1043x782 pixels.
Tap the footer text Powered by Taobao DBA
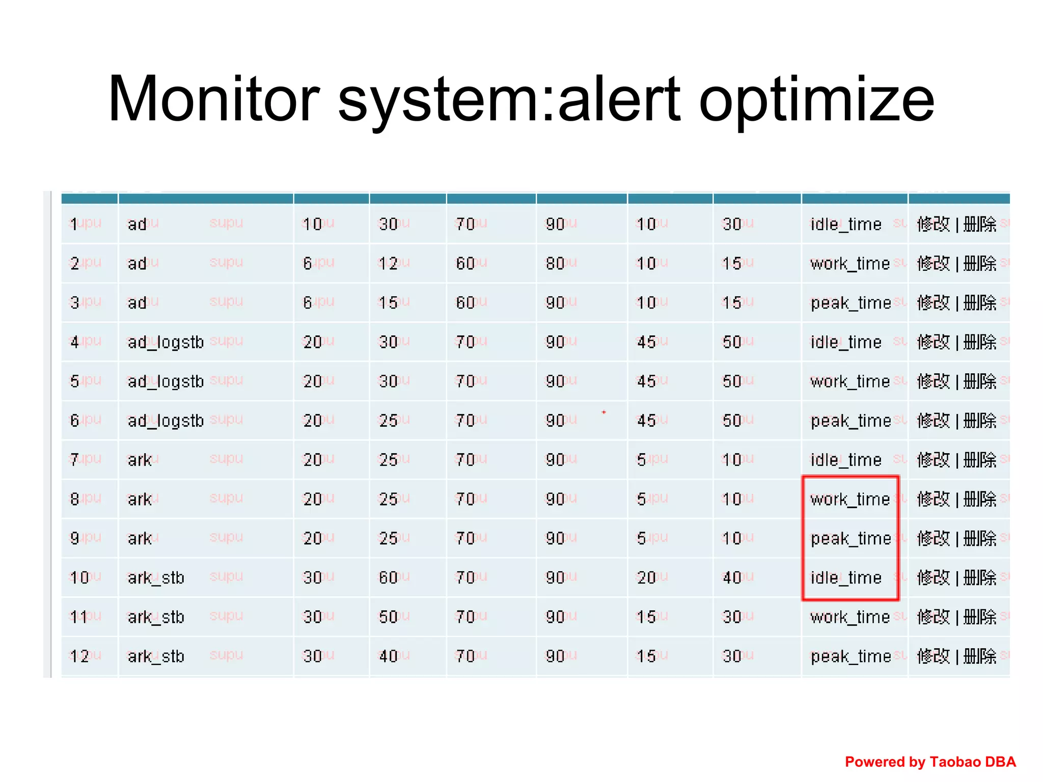coord(930,762)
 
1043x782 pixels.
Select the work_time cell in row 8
coord(849,499)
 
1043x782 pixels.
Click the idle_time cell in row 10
coord(845,578)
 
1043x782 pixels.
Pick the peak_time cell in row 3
coord(850,303)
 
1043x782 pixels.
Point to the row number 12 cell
coord(79,656)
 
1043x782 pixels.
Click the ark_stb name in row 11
coord(156,617)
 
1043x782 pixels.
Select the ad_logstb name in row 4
coord(166,342)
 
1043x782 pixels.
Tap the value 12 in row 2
coord(388,263)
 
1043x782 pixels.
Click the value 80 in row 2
coord(555,263)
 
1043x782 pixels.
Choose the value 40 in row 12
coord(388,656)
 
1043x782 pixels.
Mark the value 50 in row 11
coord(388,617)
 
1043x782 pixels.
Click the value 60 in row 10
coord(388,578)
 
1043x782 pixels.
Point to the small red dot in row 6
coord(603,412)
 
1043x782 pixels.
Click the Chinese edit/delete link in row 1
coord(956,224)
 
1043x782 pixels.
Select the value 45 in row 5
coord(646,381)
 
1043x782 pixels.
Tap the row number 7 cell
coord(75,460)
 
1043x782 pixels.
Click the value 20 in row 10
coord(646,578)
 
